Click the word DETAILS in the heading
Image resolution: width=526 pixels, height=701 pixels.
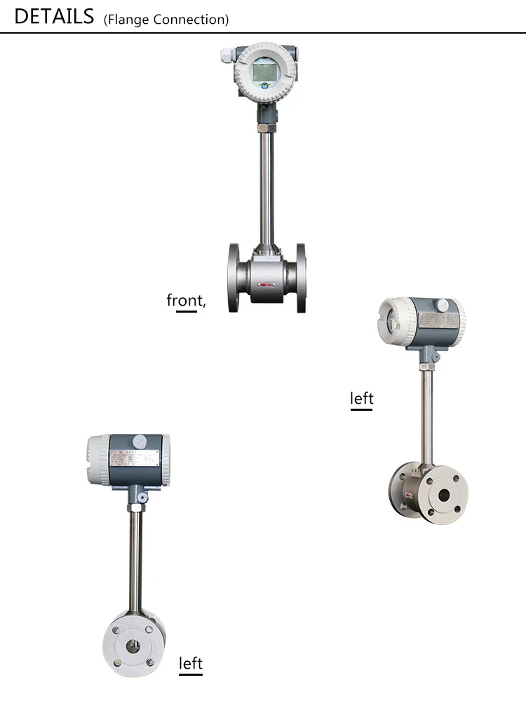pyautogui.click(x=54, y=16)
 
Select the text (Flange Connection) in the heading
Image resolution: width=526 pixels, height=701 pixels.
pyautogui.click(x=166, y=20)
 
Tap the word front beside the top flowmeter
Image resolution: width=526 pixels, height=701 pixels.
pyautogui.click(x=184, y=300)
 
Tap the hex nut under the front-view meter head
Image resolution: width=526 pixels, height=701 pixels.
pyautogui.click(x=265, y=128)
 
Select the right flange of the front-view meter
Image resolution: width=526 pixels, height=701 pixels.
pyautogui.click(x=300, y=277)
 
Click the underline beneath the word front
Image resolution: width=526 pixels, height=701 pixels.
pyautogui.click(x=187, y=311)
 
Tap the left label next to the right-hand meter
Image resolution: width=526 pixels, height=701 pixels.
pyautogui.click(x=362, y=398)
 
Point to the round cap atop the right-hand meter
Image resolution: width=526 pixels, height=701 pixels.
pyautogui.click(x=442, y=306)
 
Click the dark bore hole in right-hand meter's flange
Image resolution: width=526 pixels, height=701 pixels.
pyautogui.click(x=444, y=494)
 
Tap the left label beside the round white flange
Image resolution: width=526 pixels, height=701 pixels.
pyautogui.click(x=191, y=662)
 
